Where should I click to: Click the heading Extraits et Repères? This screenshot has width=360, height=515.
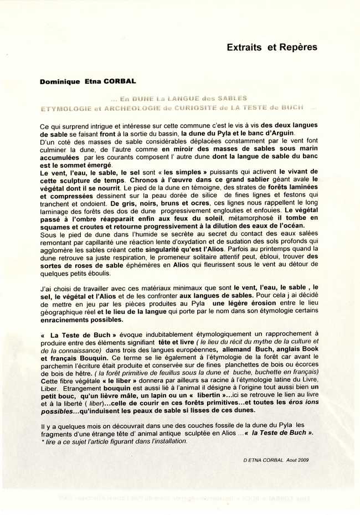point(272,48)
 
